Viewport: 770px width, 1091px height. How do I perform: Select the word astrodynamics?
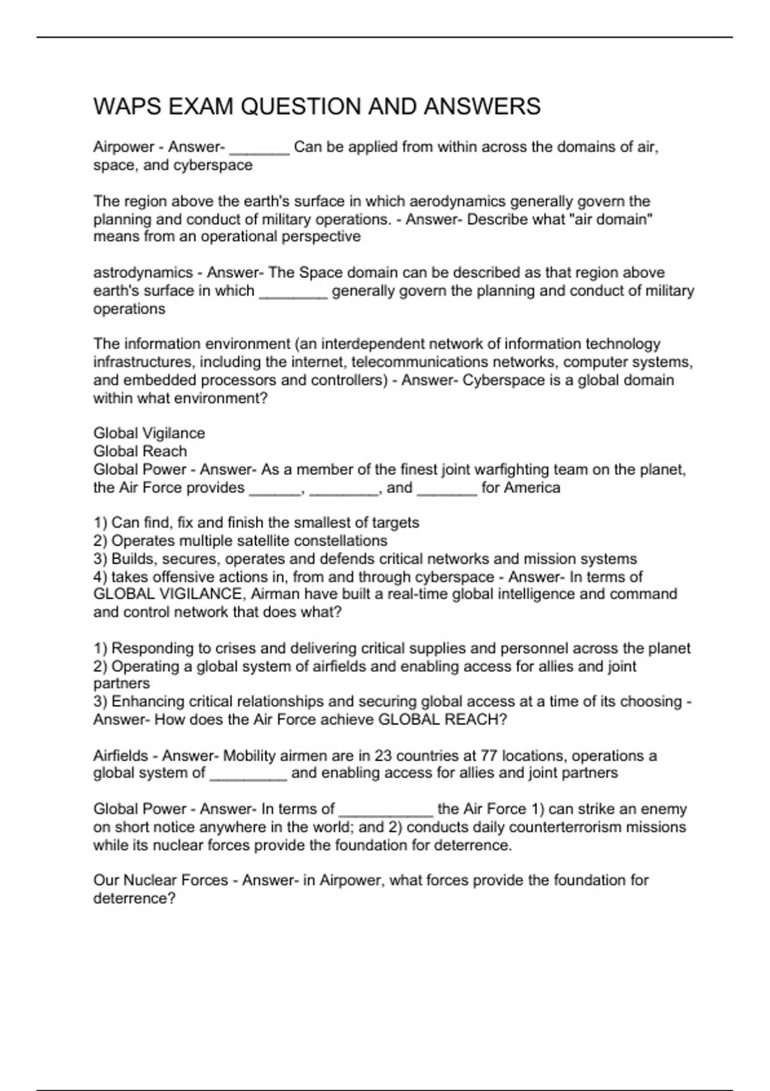point(142,273)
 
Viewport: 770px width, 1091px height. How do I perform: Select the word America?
point(532,488)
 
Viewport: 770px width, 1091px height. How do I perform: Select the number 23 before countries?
point(384,756)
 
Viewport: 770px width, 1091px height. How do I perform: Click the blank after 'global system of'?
point(248,774)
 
